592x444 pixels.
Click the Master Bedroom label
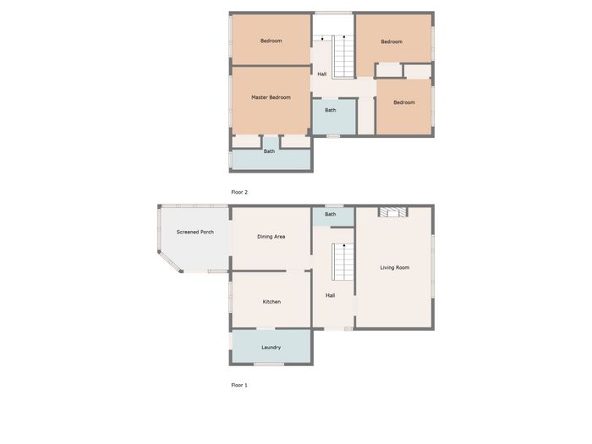point(271,97)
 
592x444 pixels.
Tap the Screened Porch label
point(195,232)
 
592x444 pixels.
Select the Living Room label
point(395,267)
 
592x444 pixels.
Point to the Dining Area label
point(271,237)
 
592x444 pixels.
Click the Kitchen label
point(271,302)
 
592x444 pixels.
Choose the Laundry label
point(271,348)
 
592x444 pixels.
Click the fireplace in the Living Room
point(393,211)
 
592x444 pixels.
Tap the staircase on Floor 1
point(343,261)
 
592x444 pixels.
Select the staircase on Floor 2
point(343,57)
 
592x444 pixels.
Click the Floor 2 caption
point(239,192)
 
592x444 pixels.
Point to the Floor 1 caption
point(239,385)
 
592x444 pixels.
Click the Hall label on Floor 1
point(331,296)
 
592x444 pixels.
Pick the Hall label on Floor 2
point(322,74)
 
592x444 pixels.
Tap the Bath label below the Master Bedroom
point(269,151)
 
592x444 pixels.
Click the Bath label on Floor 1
point(331,214)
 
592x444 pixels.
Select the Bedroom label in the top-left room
point(271,41)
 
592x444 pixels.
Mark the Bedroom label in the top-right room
point(392,41)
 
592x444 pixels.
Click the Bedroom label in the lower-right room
point(404,102)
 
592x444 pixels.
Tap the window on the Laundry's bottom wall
point(268,364)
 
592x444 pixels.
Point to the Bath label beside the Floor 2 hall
point(331,110)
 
